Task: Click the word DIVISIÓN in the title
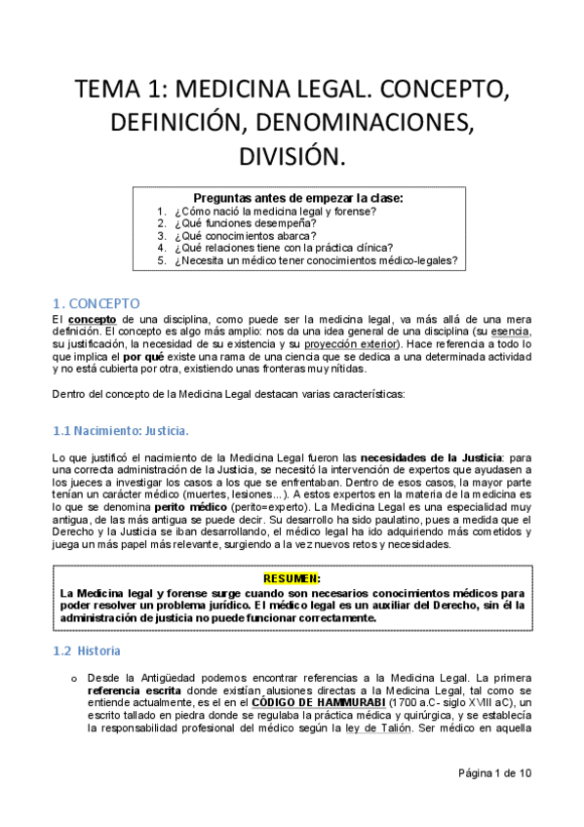pyautogui.click(x=292, y=156)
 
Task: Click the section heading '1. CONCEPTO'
pyautogui.click(x=95, y=302)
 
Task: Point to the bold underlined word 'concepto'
pyautogui.click(x=92, y=319)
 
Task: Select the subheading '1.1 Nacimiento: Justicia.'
pyautogui.click(x=119, y=430)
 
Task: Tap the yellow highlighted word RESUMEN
pyautogui.click(x=292, y=577)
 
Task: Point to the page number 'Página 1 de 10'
pyautogui.click(x=495, y=773)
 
